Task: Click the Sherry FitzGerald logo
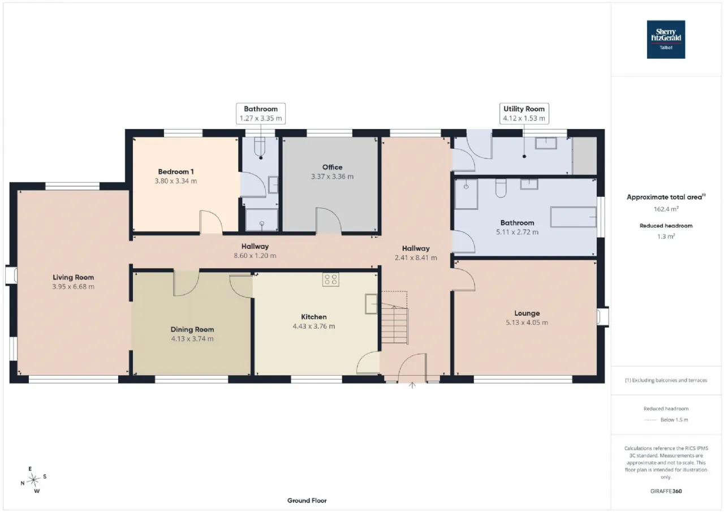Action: [666, 40]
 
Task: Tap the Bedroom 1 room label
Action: [176, 171]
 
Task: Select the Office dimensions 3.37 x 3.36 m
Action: [332, 177]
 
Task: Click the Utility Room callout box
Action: [524, 114]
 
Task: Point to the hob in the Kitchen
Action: [331, 279]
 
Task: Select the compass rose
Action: [33, 480]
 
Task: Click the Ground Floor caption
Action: [307, 500]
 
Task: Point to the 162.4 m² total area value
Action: [666, 209]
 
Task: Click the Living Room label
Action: [74, 277]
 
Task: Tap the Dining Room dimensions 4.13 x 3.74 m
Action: [192, 339]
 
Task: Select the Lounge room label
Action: [527, 313]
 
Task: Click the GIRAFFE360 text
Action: [666, 491]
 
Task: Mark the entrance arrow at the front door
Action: [412, 385]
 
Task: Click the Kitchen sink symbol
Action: [371, 304]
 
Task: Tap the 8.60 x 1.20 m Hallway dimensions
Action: [255, 256]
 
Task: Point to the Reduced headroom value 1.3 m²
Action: [666, 236]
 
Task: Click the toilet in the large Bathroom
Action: [501, 188]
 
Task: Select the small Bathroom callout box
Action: [261, 114]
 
